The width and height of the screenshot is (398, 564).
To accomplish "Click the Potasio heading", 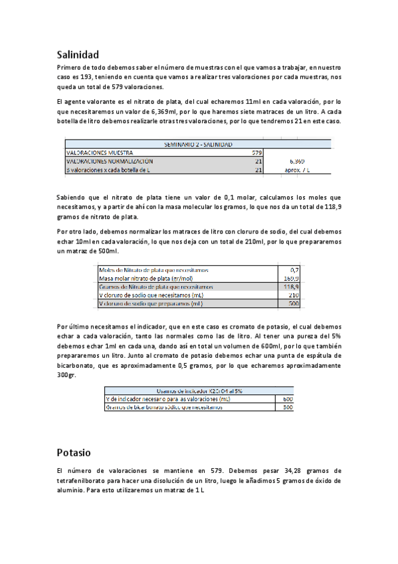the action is pyautogui.click(x=73, y=452).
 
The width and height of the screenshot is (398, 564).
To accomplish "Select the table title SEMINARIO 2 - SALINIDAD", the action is pyautogui.click(x=198, y=144).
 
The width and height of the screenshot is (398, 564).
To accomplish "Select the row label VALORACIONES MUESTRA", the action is pyautogui.click(x=100, y=152).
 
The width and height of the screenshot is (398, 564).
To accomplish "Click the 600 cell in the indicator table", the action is pyautogui.click(x=288, y=398).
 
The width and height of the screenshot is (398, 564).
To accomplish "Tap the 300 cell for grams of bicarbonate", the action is pyautogui.click(x=288, y=407).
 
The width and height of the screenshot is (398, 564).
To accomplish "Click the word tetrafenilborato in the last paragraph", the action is pyautogui.click(x=83, y=480).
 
